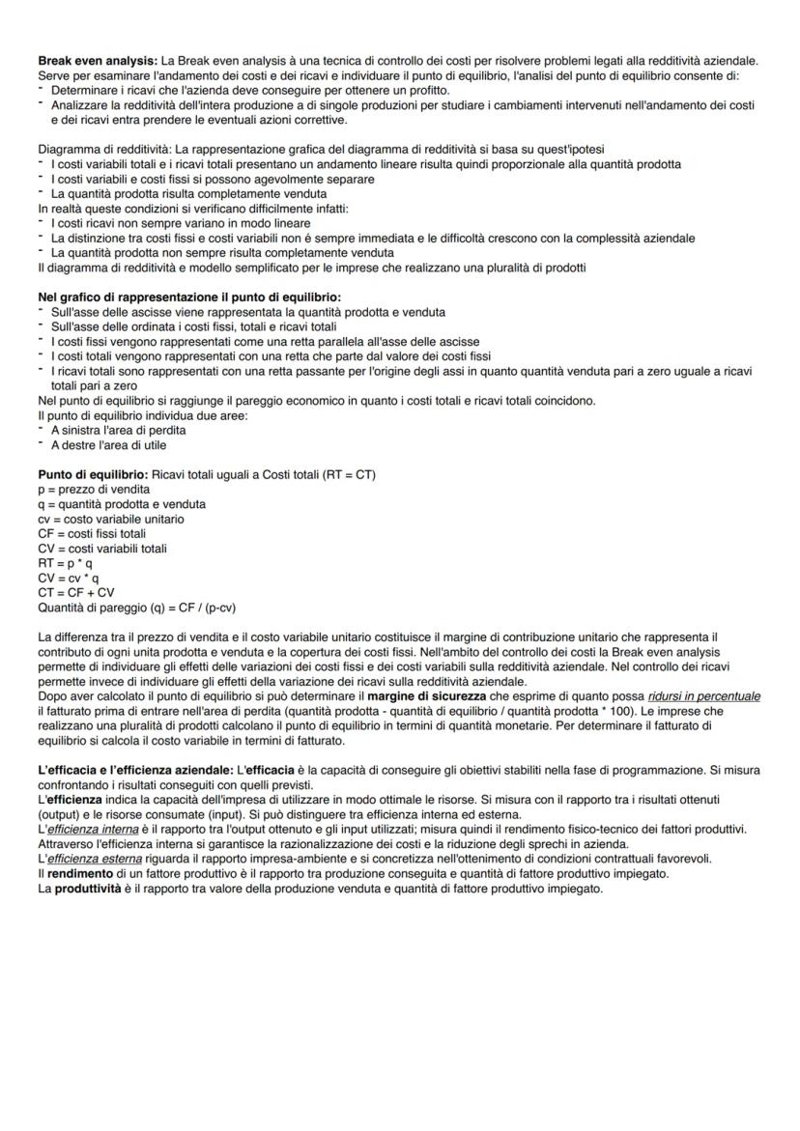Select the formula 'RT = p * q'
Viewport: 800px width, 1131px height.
pyautogui.click(x=66, y=562)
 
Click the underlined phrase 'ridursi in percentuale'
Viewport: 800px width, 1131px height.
pyautogui.click(x=703, y=695)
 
